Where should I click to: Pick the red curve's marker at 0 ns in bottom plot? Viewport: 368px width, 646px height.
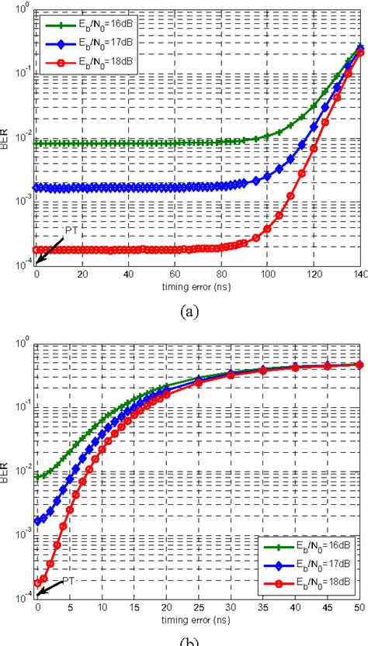coord(36,582)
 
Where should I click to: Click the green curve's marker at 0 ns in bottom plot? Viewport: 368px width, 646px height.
coord(36,477)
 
